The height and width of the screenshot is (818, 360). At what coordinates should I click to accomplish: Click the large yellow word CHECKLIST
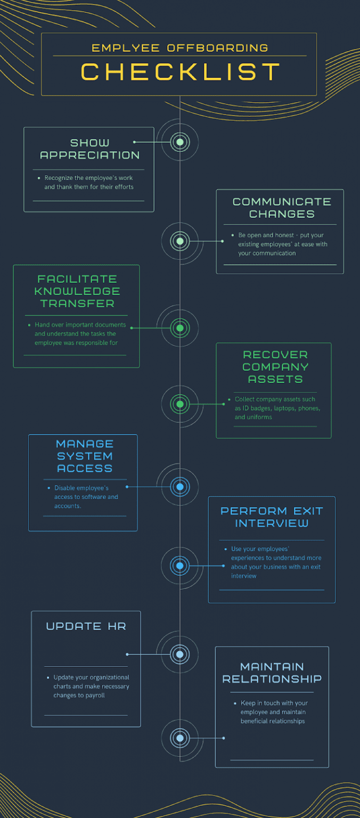181,71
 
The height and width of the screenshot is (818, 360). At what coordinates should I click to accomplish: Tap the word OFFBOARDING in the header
218,48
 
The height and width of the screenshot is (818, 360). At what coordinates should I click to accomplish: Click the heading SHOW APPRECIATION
90,149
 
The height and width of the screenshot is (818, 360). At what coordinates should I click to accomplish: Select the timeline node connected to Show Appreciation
180,142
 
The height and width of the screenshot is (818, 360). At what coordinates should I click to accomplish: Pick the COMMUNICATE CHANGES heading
282,208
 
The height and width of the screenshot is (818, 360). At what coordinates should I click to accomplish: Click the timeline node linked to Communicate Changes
180,241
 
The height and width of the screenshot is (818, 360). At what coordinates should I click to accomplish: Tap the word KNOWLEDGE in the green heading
77,291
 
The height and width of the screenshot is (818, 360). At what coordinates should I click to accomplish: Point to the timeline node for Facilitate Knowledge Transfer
180,328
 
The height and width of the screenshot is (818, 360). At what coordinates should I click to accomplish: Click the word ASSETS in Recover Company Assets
275,379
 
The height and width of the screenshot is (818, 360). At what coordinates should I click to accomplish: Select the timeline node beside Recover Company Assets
180,404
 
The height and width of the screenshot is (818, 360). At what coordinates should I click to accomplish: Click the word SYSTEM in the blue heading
85,456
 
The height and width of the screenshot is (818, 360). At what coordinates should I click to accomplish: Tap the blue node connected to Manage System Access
180,487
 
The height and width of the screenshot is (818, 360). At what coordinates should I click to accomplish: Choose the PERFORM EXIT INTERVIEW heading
272,517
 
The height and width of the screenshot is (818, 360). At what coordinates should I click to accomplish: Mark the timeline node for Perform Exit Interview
180,566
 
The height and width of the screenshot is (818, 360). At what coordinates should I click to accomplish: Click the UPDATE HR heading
86,626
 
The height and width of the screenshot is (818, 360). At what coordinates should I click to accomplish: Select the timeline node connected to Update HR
180,654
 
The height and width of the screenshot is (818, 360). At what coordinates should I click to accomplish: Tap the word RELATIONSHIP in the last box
272,679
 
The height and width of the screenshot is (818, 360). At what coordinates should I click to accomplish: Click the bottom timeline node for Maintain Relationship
180,738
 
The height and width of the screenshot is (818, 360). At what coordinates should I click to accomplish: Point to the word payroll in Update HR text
95,696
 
